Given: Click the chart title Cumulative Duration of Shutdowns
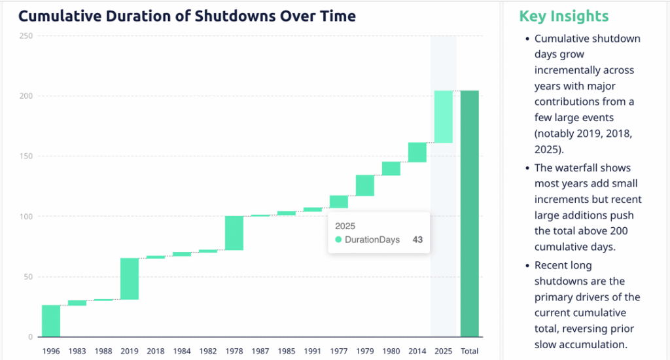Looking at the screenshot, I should [186, 16].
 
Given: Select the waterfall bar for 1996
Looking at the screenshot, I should [51, 321].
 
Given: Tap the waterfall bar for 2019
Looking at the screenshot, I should [130, 279].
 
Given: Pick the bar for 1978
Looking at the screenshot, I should [234, 233].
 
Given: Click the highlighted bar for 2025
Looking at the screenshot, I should [444, 117].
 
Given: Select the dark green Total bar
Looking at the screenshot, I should [470, 213].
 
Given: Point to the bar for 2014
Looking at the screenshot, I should [417, 152].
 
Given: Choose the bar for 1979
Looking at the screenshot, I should [365, 185].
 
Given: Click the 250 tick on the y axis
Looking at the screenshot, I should [26, 36].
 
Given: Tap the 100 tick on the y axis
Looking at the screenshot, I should [26, 217].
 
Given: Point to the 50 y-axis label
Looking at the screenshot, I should [28, 277].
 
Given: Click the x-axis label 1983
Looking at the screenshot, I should [77, 351].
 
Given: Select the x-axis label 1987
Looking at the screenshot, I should [260, 351].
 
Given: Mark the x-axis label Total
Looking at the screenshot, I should [470, 351].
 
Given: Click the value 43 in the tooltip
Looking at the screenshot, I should [417, 240].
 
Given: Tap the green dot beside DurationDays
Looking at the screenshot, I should [338, 240].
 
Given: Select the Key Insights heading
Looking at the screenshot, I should [563, 16].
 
